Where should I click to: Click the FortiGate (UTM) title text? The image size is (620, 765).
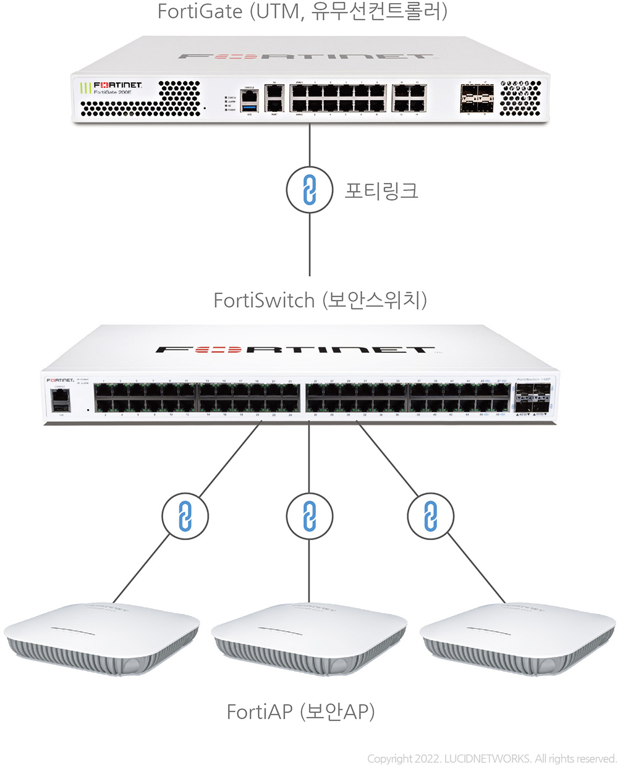pos(302,12)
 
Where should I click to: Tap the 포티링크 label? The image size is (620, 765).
pos(381,190)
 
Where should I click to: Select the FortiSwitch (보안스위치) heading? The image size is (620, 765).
pos(320,300)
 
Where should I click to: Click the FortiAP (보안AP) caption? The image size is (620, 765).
pos(300,712)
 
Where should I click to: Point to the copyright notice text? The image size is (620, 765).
pos(491,758)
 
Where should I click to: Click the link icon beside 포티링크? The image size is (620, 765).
pos(310,190)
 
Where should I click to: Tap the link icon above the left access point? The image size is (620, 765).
pos(184,516)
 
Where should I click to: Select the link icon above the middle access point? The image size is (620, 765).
pos(310,516)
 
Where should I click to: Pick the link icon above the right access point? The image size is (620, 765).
pos(431,516)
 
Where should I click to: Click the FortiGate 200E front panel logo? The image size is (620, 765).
pos(117,87)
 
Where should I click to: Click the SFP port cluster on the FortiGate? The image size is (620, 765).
pos(477,98)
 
